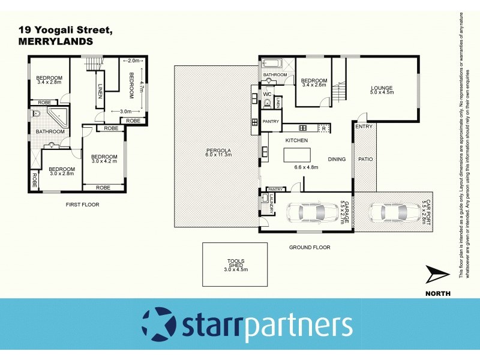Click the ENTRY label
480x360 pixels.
point(363,127)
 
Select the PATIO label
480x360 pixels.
point(365,159)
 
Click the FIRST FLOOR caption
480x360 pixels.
point(83,205)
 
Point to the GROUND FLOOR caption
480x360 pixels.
point(310,247)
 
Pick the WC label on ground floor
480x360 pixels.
point(268,95)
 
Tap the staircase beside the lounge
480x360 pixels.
point(340,90)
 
